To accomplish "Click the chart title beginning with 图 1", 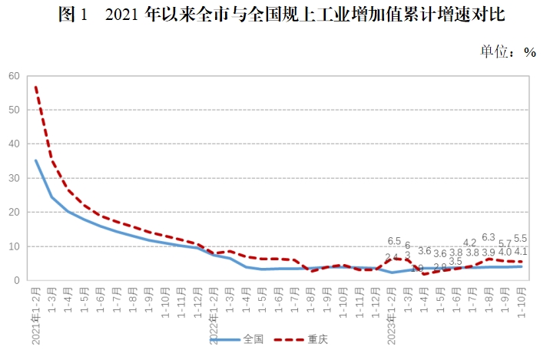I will (x=274, y=15).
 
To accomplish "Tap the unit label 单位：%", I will (x=508, y=51).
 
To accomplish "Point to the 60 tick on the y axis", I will (x=14, y=76).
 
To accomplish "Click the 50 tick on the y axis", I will (x=14, y=110).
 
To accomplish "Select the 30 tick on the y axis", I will (x=14, y=178).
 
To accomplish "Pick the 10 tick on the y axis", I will (x=14, y=246).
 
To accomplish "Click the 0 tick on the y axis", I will (x=16, y=281).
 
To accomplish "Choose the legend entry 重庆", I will (x=306, y=339).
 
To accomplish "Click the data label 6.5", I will (x=394, y=241).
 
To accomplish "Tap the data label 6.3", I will (x=489, y=238).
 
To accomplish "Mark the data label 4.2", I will (x=471, y=243).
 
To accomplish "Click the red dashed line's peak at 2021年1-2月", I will (x=35, y=87).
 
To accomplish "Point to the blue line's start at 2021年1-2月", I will (x=35, y=160).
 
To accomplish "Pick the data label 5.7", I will (x=505, y=243).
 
